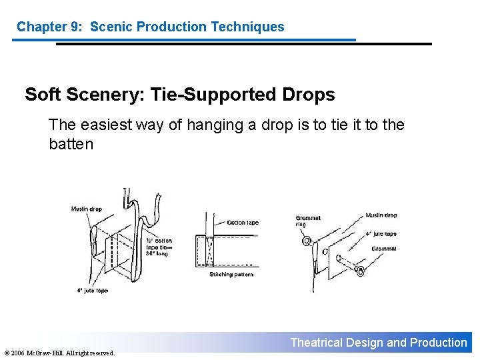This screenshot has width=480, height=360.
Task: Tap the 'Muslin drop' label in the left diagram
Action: [87, 209]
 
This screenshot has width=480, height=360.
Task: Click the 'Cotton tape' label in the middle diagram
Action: [243, 223]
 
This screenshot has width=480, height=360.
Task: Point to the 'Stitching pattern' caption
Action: [231, 274]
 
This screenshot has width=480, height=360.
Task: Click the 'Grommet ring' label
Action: [307, 221]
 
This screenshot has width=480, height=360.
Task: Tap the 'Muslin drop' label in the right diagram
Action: [381, 215]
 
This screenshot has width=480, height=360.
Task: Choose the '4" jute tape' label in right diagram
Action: [381, 234]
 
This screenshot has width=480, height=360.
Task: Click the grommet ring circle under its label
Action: [307, 241]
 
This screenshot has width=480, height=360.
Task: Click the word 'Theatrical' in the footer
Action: [317, 343]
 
